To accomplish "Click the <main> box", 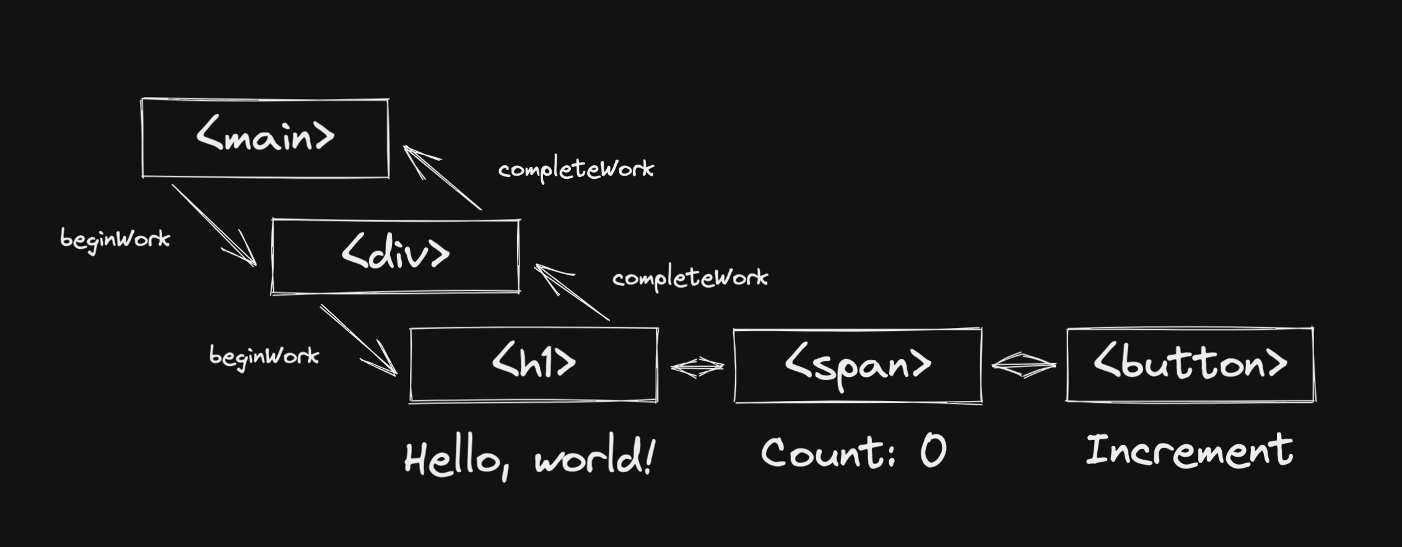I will tap(265, 138).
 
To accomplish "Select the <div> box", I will tap(395, 256).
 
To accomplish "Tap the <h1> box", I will tap(533, 365).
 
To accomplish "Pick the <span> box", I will tap(858, 366).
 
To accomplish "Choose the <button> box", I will tap(1190, 365).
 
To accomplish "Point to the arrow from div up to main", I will tap(442, 178).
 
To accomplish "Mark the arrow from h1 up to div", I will tap(572, 293).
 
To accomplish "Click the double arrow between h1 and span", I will tap(697, 367).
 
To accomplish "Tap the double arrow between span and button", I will tap(1024, 365).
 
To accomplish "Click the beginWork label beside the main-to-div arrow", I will tap(115, 240).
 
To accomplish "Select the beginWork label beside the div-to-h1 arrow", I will tap(264, 357).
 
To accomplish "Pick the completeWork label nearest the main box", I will tap(576, 170).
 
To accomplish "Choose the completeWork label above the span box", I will tap(690, 278).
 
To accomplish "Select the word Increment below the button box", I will tap(1189, 450).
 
